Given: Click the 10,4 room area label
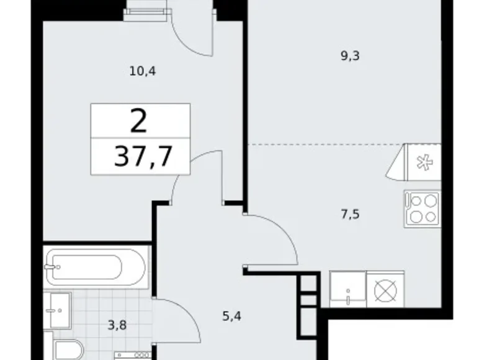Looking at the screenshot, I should pyautogui.click(x=142, y=71).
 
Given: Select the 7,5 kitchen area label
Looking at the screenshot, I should pyautogui.click(x=350, y=215).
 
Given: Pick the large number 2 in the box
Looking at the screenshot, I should pyautogui.click(x=139, y=121).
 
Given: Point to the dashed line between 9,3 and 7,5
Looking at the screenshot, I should pyautogui.click(x=323, y=145).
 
